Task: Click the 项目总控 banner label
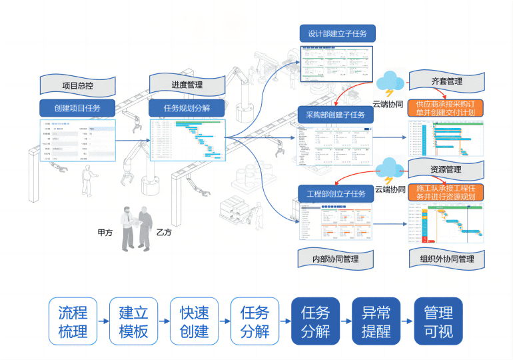(77, 85)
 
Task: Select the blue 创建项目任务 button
(77, 108)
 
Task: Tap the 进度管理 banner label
(187, 85)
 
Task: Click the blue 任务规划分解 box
(187, 107)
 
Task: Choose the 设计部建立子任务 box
(337, 33)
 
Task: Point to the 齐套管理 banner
(446, 81)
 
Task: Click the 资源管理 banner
(446, 169)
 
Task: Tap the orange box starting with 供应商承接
(445, 108)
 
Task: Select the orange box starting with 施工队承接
(446, 193)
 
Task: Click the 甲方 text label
(105, 233)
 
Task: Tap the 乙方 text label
(164, 233)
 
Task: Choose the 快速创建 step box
(194, 321)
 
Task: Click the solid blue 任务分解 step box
(316, 321)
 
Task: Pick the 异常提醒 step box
(376, 321)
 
